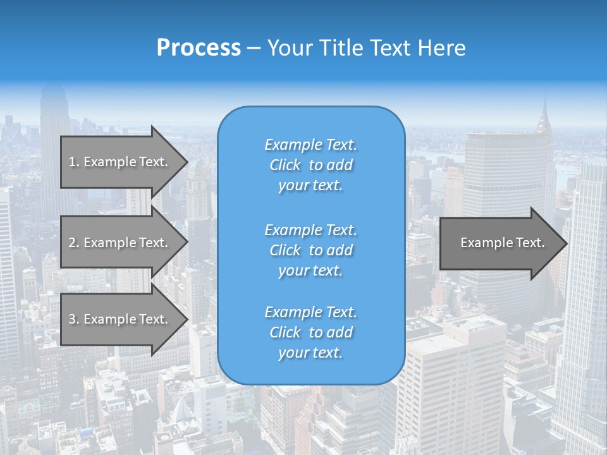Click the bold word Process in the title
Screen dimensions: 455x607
coord(199,48)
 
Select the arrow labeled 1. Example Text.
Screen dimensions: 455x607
coord(120,162)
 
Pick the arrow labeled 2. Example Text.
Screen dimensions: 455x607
coord(120,243)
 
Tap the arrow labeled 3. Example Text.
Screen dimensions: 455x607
coord(120,319)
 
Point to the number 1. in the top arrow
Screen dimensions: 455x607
coord(74,162)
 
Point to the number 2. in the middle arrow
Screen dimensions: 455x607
coord(74,243)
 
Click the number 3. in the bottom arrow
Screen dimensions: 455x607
coord(74,319)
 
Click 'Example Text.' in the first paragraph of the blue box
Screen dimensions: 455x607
coord(310,145)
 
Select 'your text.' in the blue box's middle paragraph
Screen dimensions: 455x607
coord(310,270)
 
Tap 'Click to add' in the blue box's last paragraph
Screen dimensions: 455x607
coord(310,332)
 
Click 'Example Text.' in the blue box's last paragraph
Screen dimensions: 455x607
coord(310,312)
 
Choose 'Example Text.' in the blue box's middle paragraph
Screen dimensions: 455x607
coord(310,230)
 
